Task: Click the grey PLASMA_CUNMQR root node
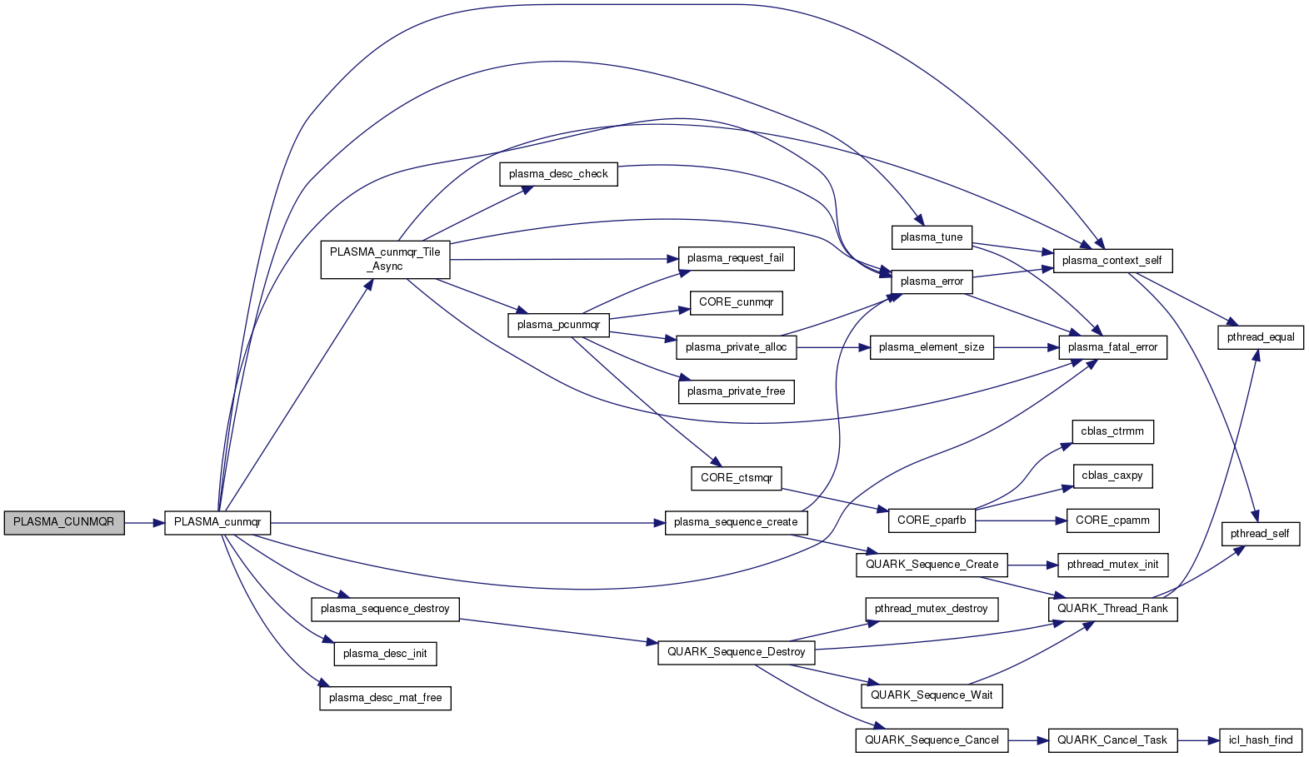pos(64,522)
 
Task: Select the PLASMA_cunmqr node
pos(217,522)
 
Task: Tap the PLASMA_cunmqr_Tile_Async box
pos(385,259)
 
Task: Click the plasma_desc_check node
pos(558,174)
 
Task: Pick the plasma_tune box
pos(932,237)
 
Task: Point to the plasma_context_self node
pos(1112,261)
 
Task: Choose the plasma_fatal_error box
pos(1112,347)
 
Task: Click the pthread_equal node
pos(1261,337)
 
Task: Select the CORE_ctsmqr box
pos(737,478)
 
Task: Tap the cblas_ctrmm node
pos(1112,431)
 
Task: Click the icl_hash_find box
pos(1261,740)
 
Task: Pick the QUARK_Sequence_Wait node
pos(932,695)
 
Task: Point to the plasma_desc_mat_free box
pos(385,698)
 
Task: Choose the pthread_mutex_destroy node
pos(932,609)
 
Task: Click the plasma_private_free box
pos(736,391)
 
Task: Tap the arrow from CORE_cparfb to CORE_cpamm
pos(1021,520)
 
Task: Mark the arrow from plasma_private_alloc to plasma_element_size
pos(833,347)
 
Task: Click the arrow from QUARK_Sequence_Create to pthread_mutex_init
pos(1032,565)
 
